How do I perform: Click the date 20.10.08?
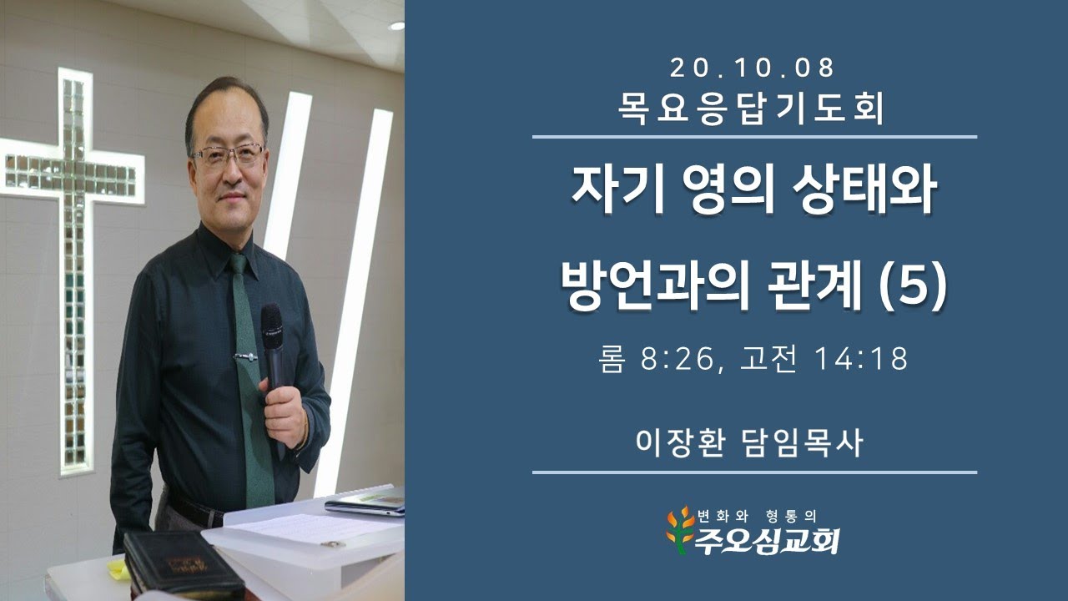pos(753,67)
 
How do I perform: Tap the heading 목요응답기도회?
pos(753,109)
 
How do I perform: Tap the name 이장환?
pos(678,442)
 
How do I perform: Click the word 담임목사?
pos(802,442)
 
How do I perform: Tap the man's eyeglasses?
pos(227,154)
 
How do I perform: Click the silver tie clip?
pos(245,356)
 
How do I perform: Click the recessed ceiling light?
pos(396,25)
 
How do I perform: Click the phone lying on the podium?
pos(365,504)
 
